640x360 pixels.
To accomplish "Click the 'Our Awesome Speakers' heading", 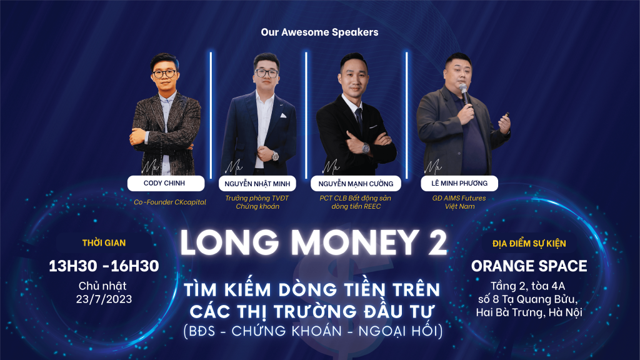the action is tap(319, 32).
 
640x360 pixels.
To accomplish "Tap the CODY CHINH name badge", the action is tap(166, 183).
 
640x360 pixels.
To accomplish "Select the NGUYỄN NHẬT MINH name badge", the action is tap(257, 184).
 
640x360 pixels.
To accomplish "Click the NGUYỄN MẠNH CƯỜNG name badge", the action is tap(356, 184).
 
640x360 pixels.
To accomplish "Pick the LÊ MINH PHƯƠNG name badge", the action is tap(459, 183).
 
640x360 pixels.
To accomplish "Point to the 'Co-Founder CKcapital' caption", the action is tap(170, 202).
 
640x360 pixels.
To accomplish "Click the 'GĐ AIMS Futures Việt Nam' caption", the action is tap(459, 202).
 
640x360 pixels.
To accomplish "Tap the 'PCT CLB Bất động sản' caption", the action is tap(355, 198).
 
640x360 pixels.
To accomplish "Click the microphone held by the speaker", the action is tap(464, 94).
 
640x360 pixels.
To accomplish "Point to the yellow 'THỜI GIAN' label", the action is tap(104, 243).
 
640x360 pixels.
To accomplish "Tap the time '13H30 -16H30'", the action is tap(104, 266).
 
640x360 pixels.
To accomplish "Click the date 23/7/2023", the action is tap(104, 299).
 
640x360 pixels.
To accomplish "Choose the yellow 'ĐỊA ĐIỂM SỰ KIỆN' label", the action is tap(529, 244).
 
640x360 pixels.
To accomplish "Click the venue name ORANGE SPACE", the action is tap(529, 266).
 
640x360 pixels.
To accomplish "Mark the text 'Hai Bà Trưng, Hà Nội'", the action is tap(529, 312).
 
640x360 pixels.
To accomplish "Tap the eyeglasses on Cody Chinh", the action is tap(164, 74).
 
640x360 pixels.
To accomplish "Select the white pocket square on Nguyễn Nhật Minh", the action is tap(283, 116).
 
